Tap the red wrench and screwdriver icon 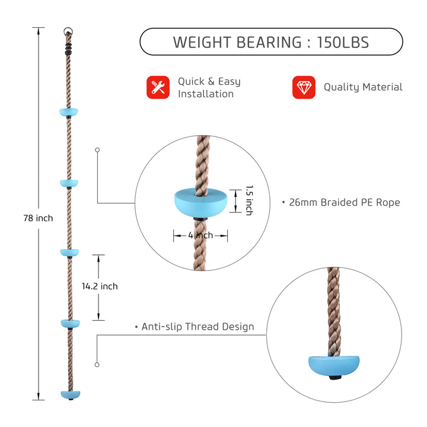tap(158, 87)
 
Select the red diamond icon tap(304, 87)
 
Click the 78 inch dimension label tap(38, 218)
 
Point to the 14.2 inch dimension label tap(100, 286)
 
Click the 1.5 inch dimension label tap(250, 200)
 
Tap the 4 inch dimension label tap(200, 235)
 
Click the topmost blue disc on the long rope tap(69, 112)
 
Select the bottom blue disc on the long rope tap(71, 394)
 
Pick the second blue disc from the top tap(69, 183)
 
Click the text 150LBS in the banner tap(343, 43)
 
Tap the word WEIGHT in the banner tap(203, 43)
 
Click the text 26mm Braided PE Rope tap(345, 202)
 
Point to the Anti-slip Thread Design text tap(197, 327)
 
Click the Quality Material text tap(363, 87)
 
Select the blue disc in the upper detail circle tap(200, 203)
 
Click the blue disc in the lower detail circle tap(334, 366)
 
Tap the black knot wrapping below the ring tap(68, 49)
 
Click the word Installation tap(206, 94)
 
